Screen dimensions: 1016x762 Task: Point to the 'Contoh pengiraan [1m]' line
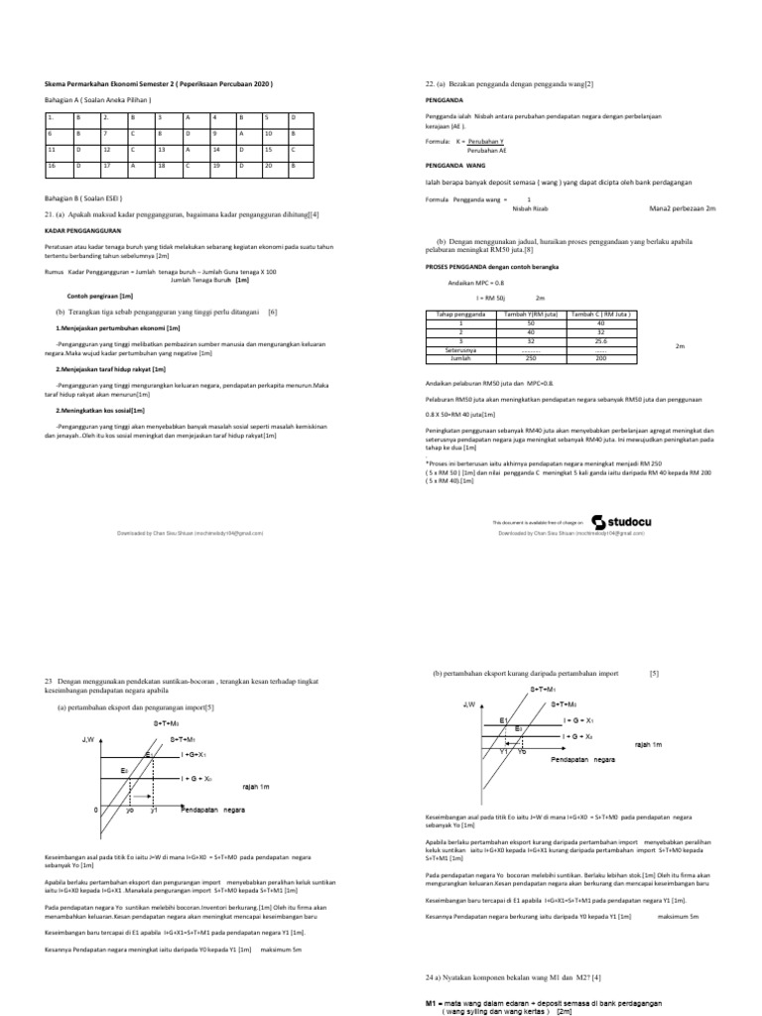click(x=99, y=296)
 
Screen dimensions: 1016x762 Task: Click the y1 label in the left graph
click(x=154, y=811)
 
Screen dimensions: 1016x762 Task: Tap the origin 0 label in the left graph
click(x=96, y=811)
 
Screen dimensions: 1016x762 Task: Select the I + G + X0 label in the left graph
click(x=202, y=779)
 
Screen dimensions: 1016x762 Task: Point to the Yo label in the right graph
click(x=522, y=750)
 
